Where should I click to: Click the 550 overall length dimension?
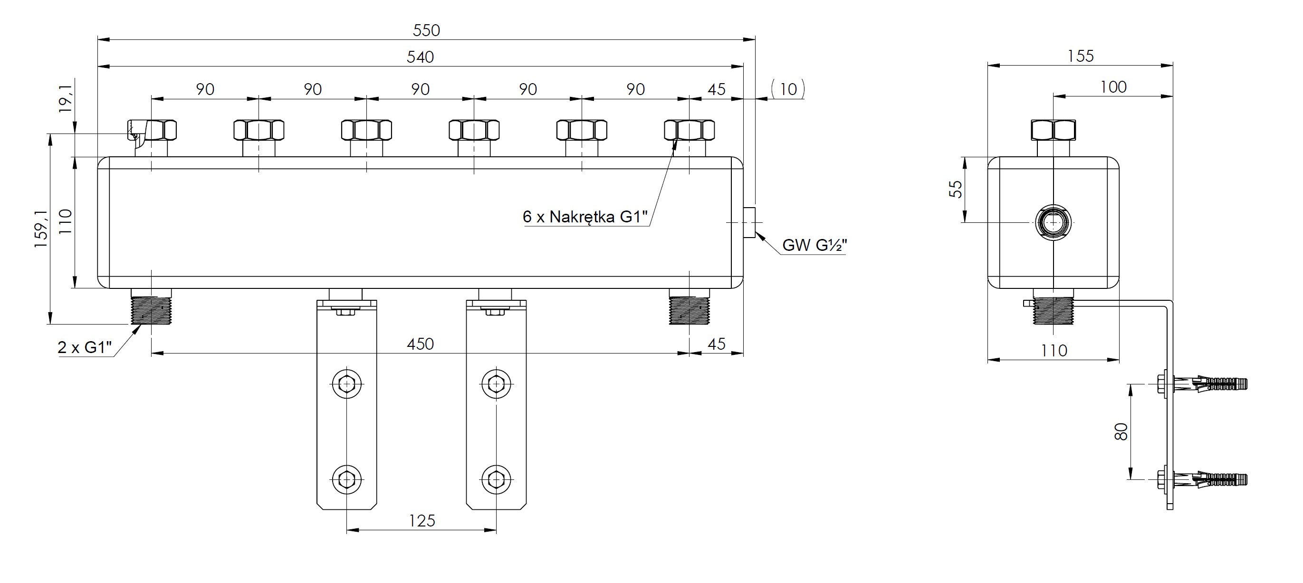pos(426,30)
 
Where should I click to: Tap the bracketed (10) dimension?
pos(787,89)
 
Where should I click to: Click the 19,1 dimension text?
pos(65,99)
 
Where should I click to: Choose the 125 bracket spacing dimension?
pos(422,521)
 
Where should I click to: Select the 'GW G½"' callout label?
pos(814,245)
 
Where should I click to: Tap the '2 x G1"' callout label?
pos(85,347)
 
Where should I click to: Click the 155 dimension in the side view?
pos(1080,56)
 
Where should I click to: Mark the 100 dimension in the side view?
pos(1113,87)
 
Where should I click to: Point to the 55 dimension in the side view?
pos(956,189)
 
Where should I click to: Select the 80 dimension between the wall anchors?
pos(1121,431)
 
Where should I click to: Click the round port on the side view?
pos(1053,222)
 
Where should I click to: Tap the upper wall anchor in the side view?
pos(1201,384)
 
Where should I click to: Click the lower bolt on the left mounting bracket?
pos(346,479)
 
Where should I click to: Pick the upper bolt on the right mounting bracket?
pos(496,384)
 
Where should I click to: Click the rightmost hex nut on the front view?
pos(689,130)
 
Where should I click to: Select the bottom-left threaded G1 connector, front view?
pos(151,309)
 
